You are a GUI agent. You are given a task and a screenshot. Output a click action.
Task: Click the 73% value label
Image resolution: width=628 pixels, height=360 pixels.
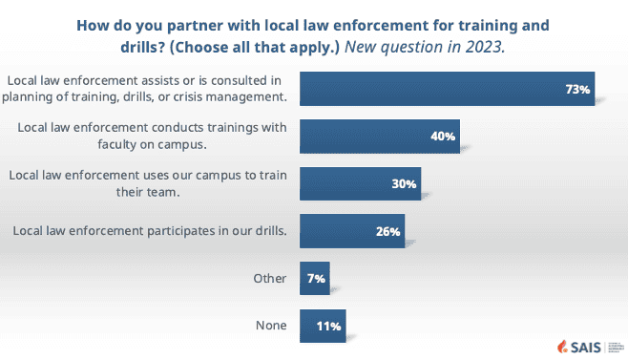pyautogui.click(x=577, y=89)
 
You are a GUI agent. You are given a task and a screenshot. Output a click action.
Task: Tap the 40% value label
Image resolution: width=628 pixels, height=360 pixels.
pyautogui.click(x=443, y=137)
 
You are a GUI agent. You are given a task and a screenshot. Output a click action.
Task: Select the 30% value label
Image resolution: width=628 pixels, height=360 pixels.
pyautogui.click(x=404, y=184)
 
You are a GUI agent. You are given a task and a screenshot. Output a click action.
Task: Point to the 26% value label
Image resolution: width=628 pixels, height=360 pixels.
pyautogui.click(x=388, y=231)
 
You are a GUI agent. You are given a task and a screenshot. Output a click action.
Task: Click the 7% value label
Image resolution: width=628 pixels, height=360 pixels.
pyautogui.click(x=316, y=279)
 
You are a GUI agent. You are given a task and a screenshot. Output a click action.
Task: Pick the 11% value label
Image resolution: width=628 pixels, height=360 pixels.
pyautogui.click(x=329, y=326)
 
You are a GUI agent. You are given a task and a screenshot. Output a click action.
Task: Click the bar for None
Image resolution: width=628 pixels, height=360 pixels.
pyautogui.click(x=323, y=326)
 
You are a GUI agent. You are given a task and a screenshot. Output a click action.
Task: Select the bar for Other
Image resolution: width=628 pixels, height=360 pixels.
pyautogui.click(x=315, y=279)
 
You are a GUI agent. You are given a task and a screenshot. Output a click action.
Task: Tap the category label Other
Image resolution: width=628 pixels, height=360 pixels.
pyautogui.click(x=269, y=279)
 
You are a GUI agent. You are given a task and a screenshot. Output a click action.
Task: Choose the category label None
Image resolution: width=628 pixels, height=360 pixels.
pyautogui.click(x=271, y=326)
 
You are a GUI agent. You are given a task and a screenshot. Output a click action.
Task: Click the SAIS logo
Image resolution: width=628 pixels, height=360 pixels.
pyautogui.click(x=579, y=347)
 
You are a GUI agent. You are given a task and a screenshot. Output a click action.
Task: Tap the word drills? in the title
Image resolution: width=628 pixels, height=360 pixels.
pyautogui.click(x=143, y=48)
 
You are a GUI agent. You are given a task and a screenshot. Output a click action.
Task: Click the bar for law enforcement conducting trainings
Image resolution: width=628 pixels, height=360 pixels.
pyautogui.click(x=380, y=137)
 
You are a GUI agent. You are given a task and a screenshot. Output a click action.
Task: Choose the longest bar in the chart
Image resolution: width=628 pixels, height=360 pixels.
pyautogui.click(x=448, y=89)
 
